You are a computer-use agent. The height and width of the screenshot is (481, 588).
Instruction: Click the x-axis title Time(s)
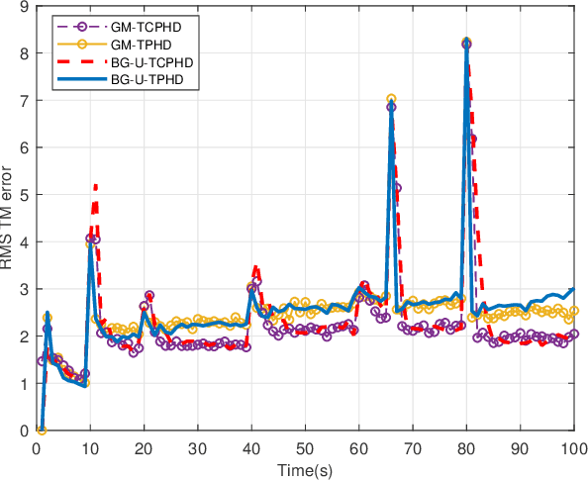pyautogui.click(x=305, y=468)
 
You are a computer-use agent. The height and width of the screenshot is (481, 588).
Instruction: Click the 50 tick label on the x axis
pyautogui.click(x=305, y=447)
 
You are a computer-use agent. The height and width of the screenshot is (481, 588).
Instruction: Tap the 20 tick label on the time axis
pyautogui.click(x=144, y=447)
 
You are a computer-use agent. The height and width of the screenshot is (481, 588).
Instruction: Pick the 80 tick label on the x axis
pyautogui.click(x=466, y=447)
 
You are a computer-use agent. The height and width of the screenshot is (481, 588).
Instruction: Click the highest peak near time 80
pyautogui.click(x=466, y=43)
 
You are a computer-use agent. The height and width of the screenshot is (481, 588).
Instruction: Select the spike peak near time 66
pyautogui.click(x=391, y=99)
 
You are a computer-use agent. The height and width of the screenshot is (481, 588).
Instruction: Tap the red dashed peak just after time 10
pyautogui.click(x=95, y=185)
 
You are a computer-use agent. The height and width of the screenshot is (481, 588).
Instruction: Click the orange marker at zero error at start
pyautogui.click(x=42, y=431)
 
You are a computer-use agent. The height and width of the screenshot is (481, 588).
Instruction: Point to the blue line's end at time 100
pyautogui.click(x=574, y=289)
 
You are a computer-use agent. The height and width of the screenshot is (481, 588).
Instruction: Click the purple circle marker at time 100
pyautogui.click(x=574, y=334)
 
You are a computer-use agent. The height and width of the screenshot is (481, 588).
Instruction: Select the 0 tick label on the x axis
pyautogui.click(x=36, y=447)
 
